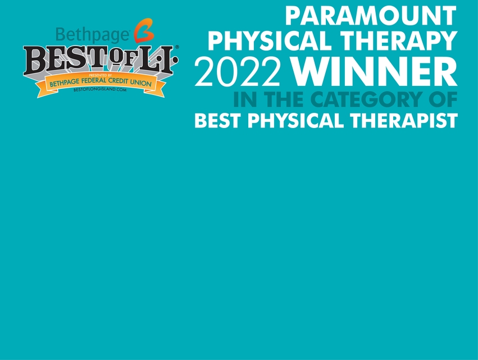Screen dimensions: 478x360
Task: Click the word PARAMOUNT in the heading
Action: pos(371,16)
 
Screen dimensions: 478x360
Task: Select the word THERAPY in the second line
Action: pos(399,41)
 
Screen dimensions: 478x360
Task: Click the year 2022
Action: pos(238,72)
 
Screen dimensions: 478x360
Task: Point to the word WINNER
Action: pos(374,72)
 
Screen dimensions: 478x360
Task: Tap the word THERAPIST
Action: pos(404,120)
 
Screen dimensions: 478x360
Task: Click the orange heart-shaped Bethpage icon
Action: pos(144,30)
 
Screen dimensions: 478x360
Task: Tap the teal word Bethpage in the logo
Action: pos(93,34)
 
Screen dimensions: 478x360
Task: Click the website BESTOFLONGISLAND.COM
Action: pos(100,90)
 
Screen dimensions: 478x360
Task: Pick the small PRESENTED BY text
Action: pos(101,75)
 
